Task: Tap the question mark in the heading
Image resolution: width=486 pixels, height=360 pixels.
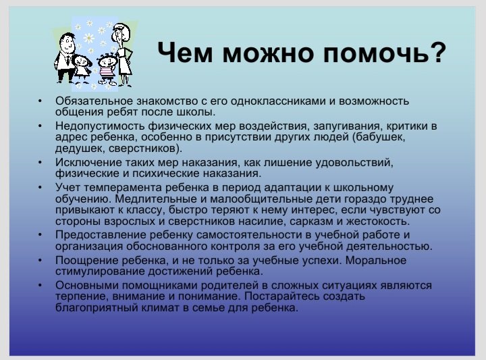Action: click(x=433, y=52)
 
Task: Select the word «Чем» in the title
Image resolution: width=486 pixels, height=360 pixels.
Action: click(x=185, y=52)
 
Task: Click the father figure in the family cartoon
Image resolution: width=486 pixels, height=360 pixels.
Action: click(x=65, y=57)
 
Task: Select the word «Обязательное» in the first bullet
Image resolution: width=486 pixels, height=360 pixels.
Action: click(x=94, y=101)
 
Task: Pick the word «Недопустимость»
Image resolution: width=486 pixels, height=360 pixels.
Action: click(x=100, y=126)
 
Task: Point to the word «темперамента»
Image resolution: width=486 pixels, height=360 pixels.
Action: click(x=123, y=188)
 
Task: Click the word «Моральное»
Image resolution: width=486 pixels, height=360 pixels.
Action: click(x=376, y=261)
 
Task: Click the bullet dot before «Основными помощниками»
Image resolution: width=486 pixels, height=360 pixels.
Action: click(x=40, y=285)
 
